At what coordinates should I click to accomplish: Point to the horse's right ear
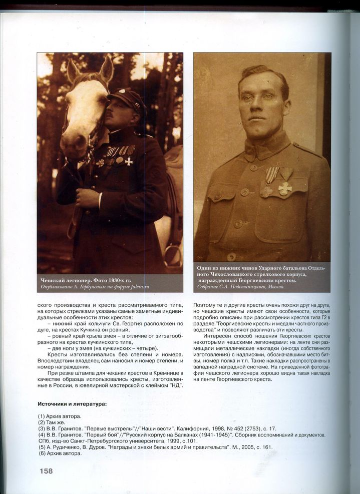pos(107,68)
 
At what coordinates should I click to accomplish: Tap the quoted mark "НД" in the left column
pos(176,386)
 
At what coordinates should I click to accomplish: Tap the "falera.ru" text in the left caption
pos(140,287)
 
